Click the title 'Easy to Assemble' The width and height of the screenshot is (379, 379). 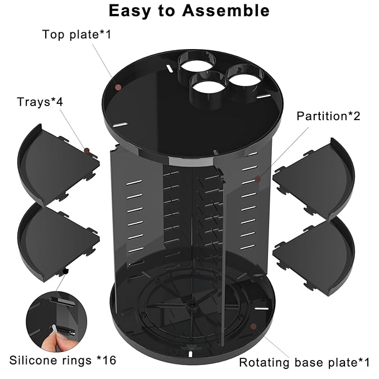click(189, 11)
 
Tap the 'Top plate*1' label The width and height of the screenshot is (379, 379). click(77, 35)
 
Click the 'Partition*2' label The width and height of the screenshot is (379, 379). click(328, 116)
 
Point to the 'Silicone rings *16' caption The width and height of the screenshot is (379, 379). click(63, 360)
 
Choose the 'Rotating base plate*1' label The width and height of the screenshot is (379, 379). click(304, 362)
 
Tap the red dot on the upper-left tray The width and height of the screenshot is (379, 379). click(87, 150)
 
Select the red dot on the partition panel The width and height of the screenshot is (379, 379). click(257, 179)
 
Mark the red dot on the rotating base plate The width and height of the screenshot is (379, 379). click(253, 326)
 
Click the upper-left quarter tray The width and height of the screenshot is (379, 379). click(56, 165)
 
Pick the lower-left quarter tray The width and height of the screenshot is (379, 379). click(56, 240)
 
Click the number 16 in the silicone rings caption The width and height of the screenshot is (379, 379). click(109, 360)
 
